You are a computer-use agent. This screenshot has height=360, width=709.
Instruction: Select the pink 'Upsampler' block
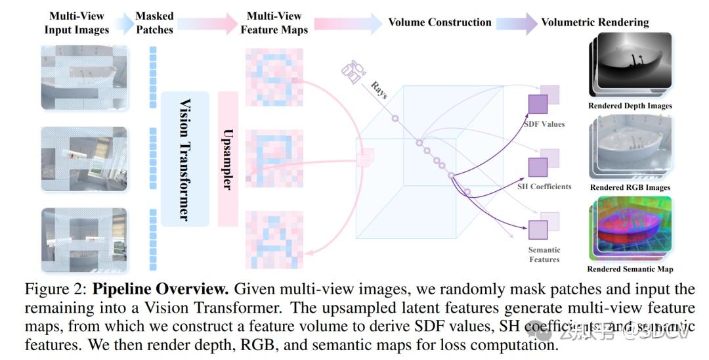227,159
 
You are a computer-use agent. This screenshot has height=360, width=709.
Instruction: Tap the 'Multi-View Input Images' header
76,23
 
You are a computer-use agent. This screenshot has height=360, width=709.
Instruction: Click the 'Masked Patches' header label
154,23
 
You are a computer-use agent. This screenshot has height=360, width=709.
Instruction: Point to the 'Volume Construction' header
440,22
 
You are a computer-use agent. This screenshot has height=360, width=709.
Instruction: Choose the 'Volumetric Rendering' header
595,22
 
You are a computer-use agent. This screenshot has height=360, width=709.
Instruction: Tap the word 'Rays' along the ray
379,90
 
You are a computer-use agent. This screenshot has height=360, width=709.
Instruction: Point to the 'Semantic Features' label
544,255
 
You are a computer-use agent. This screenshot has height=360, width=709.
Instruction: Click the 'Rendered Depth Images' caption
630,105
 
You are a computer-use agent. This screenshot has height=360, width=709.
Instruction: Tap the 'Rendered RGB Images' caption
630,187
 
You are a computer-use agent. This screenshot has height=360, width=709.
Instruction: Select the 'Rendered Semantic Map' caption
630,269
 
